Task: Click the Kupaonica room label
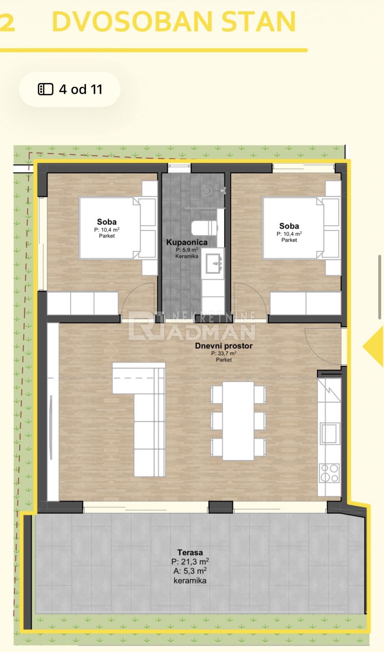pos(187,242)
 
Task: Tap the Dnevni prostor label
pos(224,346)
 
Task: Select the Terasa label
pos(190,553)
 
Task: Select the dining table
pos(238,421)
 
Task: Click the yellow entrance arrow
pos(373,346)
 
